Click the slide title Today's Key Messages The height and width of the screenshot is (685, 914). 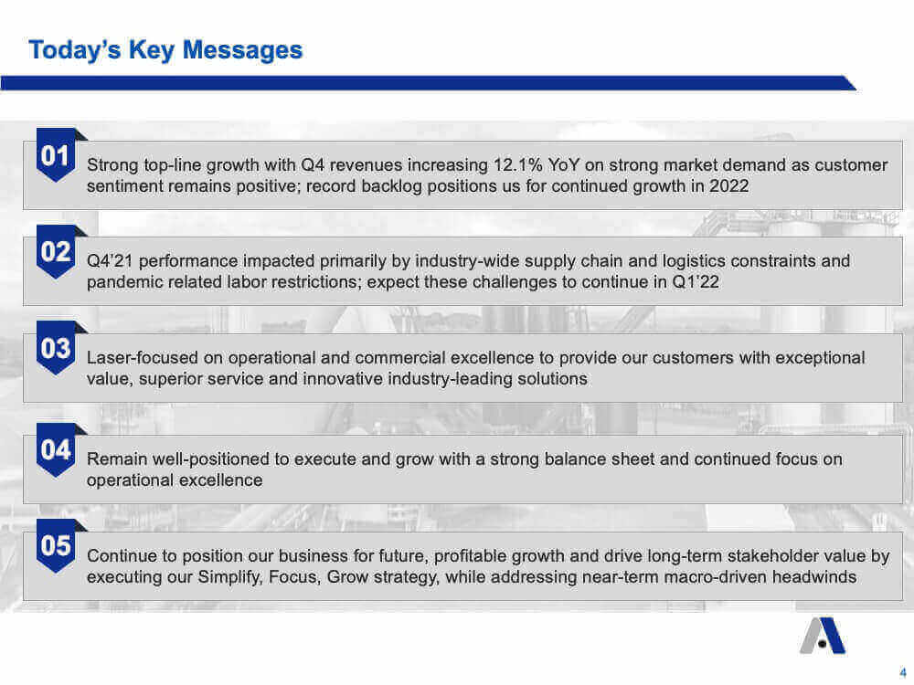[x=165, y=50]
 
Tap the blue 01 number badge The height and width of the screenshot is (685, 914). [x=56, y=155]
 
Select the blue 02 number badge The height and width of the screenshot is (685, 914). [x=56, y=252]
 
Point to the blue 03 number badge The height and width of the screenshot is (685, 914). [x=56, y=348]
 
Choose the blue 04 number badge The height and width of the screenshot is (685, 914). [x=56, y=449]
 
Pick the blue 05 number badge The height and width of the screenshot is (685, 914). [x=56, y=546]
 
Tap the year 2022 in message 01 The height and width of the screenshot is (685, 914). [x=728, y=185]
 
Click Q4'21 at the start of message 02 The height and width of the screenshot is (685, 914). [x=110, y=261]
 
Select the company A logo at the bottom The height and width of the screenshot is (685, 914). [x=822, y=636]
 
